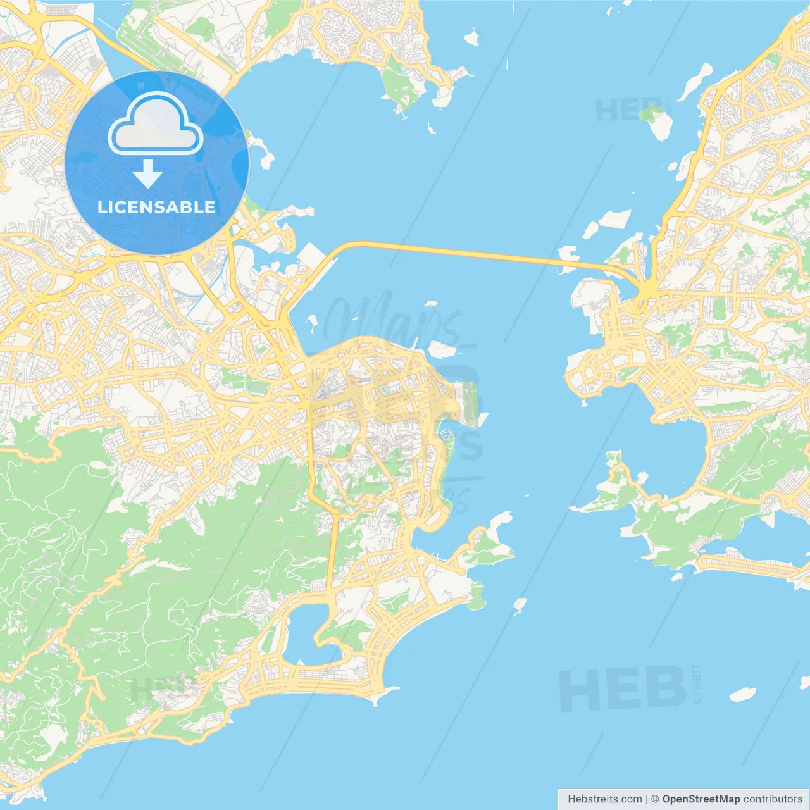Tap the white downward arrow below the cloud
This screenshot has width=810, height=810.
tap(147, 174)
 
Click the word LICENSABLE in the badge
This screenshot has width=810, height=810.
tap(156, 208)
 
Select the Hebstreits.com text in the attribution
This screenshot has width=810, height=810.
tap(604, 799)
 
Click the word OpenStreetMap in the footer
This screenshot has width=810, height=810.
tap(701, 799)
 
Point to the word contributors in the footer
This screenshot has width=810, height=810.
tap(773, 799)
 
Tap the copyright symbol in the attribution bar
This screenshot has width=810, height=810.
tap(655, 799)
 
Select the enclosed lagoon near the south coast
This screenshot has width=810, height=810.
tap(305, 633)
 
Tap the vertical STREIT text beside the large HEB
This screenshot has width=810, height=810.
tap(697, 683)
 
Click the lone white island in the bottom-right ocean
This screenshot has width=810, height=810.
tap(742, 695)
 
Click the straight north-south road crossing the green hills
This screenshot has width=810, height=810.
tap(330, 551)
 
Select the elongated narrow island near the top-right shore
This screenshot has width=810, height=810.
tap(695, 81)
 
